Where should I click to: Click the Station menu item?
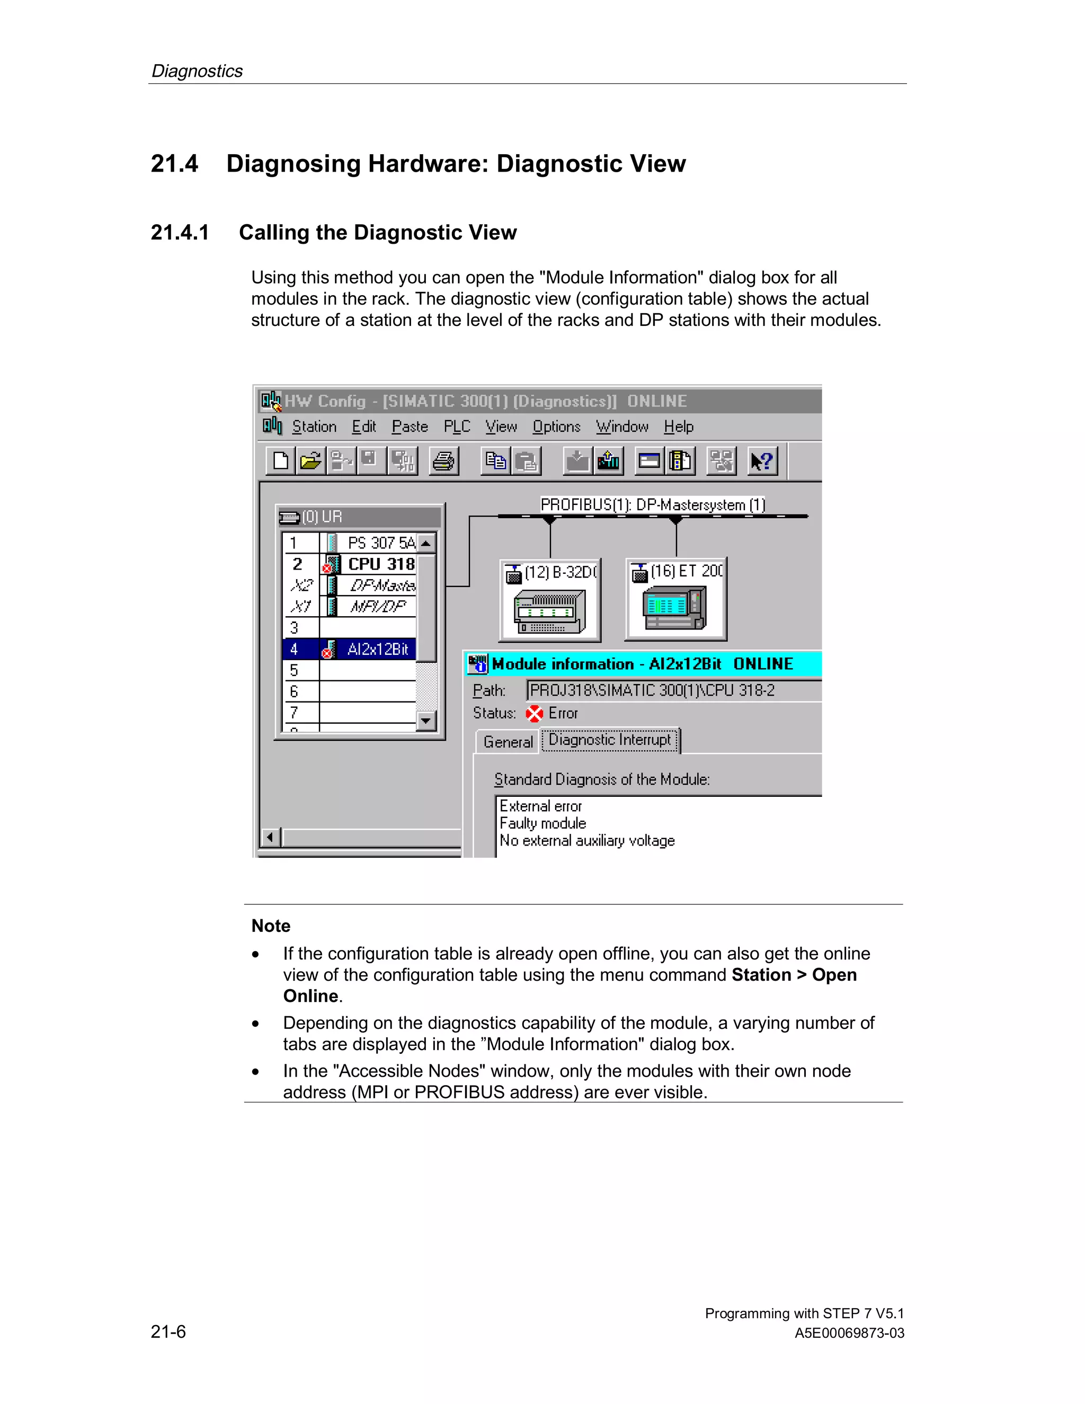pyautogui.click(x=314, y=427)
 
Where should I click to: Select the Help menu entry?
pyautogui.click(x=678, y=427)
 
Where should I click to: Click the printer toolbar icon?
pyautogui.click(x=443, y=461)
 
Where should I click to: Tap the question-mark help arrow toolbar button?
pyautogui.click(x=762, y=461)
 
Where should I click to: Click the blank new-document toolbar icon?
pyautogui.click(x=281, y=461)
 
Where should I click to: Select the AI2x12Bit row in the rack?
pyautogui.click(x=377, y=650)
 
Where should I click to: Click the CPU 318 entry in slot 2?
pyautogui.click(x=380, y=564)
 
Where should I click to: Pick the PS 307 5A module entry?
pyautogui.click(x=380, y=543)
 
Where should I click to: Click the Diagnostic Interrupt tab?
pyautogui.click(x=609, y=740)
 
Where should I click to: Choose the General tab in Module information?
pyautogui.click(x=508, y=742)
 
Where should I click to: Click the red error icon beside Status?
pyautogui.click(x=534, y=714)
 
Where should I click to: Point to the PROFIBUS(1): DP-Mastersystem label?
pyautogui.click(x=652, y=504)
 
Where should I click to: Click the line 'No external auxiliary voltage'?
pyautogui.click(x=587, y=841)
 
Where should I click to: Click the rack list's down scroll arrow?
pyautogui.click(x=425, y=721)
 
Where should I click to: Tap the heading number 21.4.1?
pyautogui.click(x=180, y=232)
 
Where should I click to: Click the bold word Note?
pyautogui.click(x=271, y=926)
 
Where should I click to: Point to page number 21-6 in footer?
pyautogui.click(x=168, y=1331)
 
